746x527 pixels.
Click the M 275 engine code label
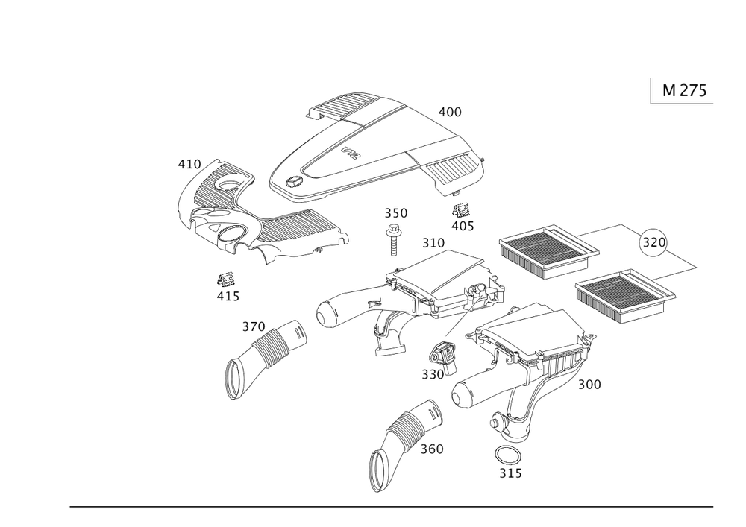(x=685, y=90)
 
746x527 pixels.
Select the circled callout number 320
(x=653, y=242)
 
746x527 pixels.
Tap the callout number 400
(x=450, y=112)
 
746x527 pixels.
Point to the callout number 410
(x=189, y=165)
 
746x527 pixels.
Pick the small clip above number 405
(x=460, y=210)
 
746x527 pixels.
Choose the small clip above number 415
(x=226, y=280)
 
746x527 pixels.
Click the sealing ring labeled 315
(x=507, y=457)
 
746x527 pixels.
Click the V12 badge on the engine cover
(x=351, y=154)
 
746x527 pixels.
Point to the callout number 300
(x=589, y=385)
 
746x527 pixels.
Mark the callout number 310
(x=433, y=243)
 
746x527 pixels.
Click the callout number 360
(x=431, y=449)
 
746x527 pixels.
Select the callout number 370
(x=254, y=327)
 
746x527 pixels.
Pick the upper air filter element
(x=549, y=251)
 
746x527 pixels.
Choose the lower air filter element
(x=625, y=297)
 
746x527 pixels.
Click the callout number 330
(x=433, y=375)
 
